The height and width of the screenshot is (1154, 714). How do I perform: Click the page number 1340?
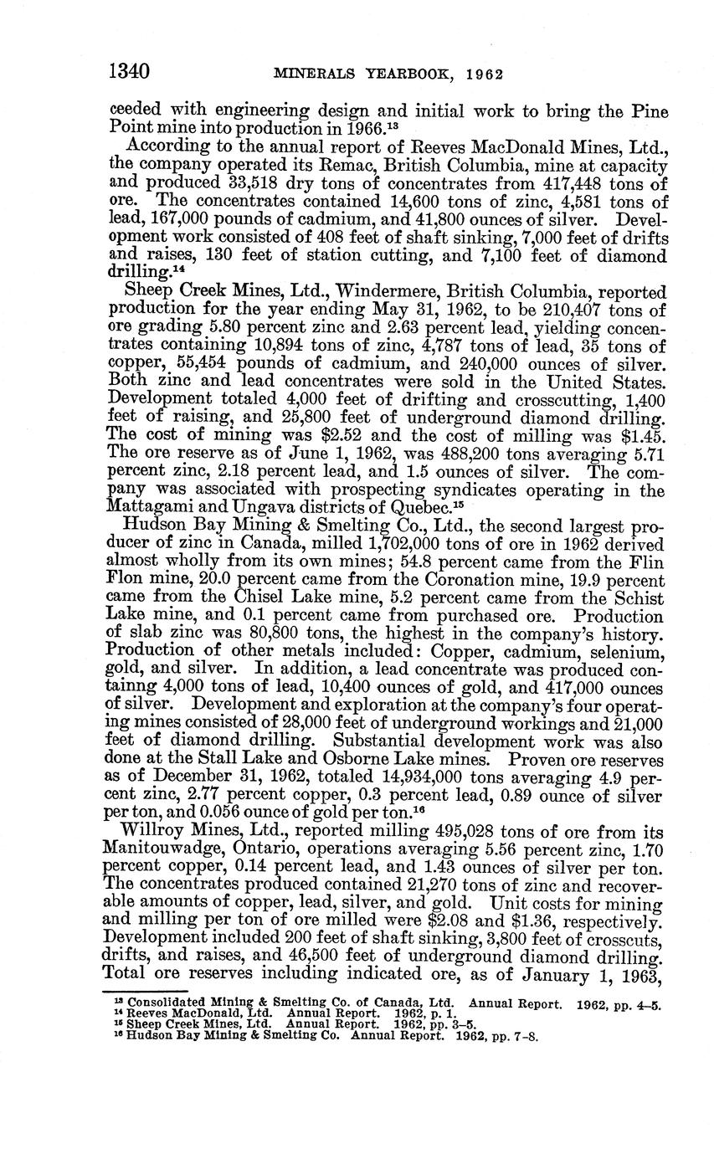coord(130,72)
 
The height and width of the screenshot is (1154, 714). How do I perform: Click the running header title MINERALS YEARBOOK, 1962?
coord(388,74)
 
